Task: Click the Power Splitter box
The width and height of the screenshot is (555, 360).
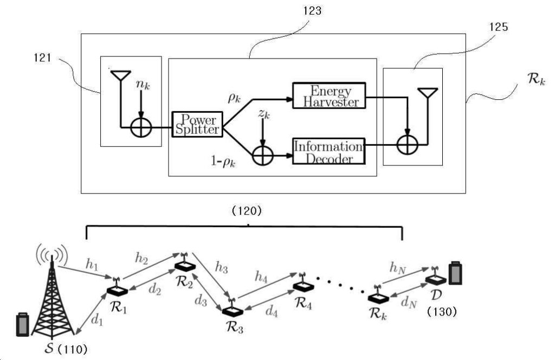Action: click(x=197, y=124)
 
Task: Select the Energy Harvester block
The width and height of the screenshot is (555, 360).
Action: click(x=329, y=95)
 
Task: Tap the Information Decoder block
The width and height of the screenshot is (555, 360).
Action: click(x=328, y=151)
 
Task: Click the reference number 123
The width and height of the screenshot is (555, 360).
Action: click(x=312, y=11)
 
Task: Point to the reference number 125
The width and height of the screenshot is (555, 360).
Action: click(x=499, y=27)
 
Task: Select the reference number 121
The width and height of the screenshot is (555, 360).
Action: click(x=42, y=57)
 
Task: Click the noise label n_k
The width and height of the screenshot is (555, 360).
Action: click(x=143, y=85)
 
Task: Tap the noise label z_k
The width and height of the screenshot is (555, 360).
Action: click(x=264, y=114)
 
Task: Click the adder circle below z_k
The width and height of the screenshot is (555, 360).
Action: click(x=263, y=156)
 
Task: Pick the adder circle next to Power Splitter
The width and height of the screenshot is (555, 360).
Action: click(x=141, y=127)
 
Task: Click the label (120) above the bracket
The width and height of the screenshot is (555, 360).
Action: click(x=247, y=211)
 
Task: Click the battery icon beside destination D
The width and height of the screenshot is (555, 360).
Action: click(x=455, y=273)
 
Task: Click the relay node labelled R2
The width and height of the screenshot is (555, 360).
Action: click(x=184, y=262)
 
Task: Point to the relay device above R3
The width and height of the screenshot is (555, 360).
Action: click(x=232, y=308)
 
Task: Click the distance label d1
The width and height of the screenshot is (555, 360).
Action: click(x=97, y=320)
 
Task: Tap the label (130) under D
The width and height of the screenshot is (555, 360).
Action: click(x=442, y=312)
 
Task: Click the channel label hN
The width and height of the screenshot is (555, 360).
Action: click(x=397, y=268)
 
